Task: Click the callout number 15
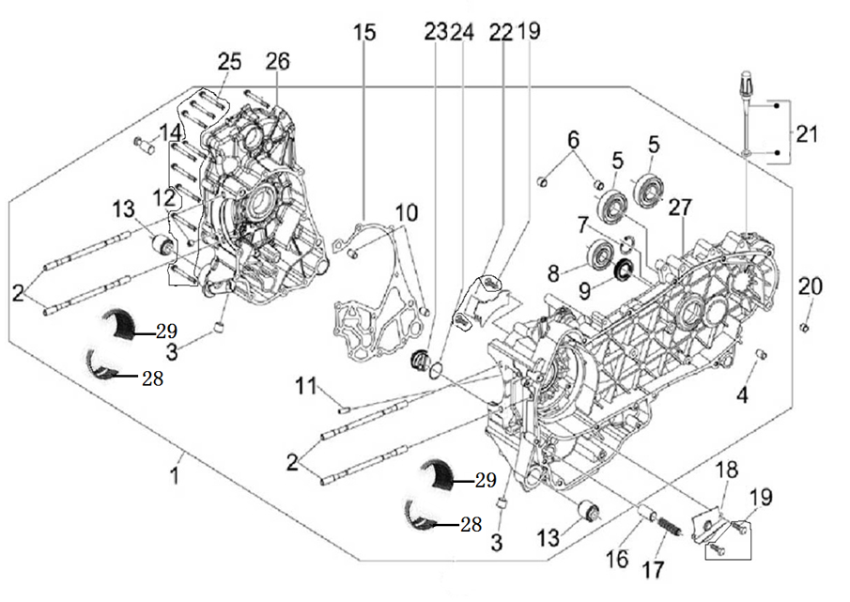coord(364,33)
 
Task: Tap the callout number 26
coord(277,62)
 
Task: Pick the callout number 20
coord(810,286)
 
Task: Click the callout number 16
coord(616,560)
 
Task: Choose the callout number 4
coord(742,395)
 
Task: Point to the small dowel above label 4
coord(763,354)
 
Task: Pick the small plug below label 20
coord(805,326)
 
